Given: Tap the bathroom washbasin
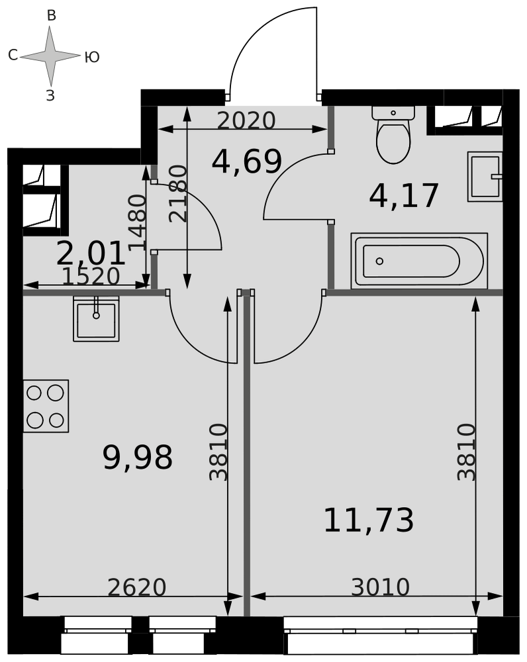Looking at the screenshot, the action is pos(485,177).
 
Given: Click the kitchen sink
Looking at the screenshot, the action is pos(96,318).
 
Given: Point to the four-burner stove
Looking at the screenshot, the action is pos(46,406).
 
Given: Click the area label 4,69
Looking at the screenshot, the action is pos(246,162).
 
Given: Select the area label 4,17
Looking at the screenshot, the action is pos(404,196).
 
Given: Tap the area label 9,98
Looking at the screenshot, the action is pos(138,457).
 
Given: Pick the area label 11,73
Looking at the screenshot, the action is pos(369,520).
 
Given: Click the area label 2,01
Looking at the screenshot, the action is pos(91,254).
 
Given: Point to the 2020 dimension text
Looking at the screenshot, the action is pos(246,120).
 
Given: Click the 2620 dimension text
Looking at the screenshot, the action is pos(137,587).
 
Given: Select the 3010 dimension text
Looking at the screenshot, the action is pos(381,587).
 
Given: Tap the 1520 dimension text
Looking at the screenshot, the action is pos(91,277).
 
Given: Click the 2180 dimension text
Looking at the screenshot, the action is pos(177,194).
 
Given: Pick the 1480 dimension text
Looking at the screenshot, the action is pos(137,222).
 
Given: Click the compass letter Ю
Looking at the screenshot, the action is pos(92,58).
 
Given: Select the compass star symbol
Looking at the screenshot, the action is pos(50,56).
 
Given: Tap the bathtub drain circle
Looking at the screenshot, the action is pos(379,261).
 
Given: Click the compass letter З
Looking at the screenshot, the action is pos(51,96).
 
